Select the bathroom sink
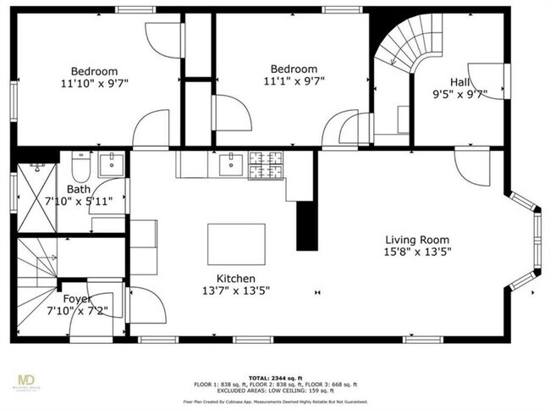(111, 165)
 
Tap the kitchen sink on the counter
(229, 163)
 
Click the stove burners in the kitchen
(268, 165)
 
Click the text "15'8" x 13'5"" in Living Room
(417, 252)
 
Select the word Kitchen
(236, 279)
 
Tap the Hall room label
(459, 81)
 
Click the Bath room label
(79, 189)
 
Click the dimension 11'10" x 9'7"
(94, 83)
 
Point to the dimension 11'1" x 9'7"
(294, 81)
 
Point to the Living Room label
(417, 240)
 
